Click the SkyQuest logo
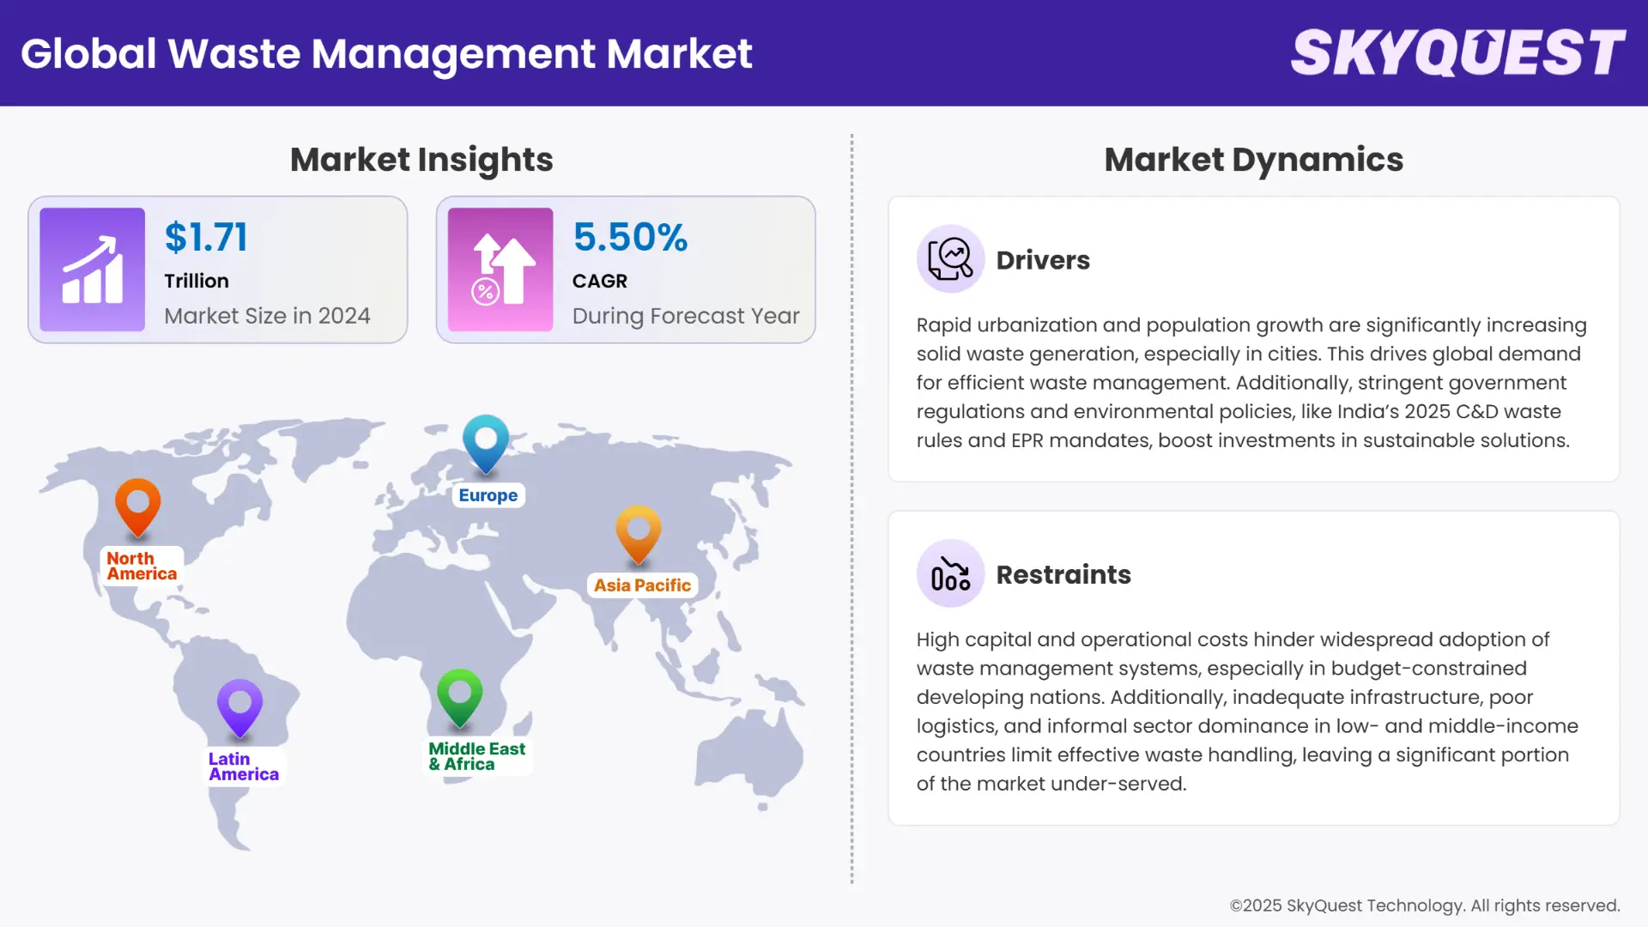(1457, 53)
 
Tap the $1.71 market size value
(206, 237)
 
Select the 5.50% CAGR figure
(630, 237)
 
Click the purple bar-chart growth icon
(92, 270)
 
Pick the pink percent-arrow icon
(500, 270)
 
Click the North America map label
(142, 566)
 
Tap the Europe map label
(488, 495)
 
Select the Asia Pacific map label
(642, 585)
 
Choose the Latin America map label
(243, 766)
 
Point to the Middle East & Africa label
(476, 756)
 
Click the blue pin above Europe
(486, 441)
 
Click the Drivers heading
(1043, 260)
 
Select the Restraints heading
(1063, 574)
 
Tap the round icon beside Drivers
(950, 259)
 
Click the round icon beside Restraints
(950, 573)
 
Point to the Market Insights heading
(421, 160)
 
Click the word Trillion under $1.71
(197, 281)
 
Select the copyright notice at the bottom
(1424, 906)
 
